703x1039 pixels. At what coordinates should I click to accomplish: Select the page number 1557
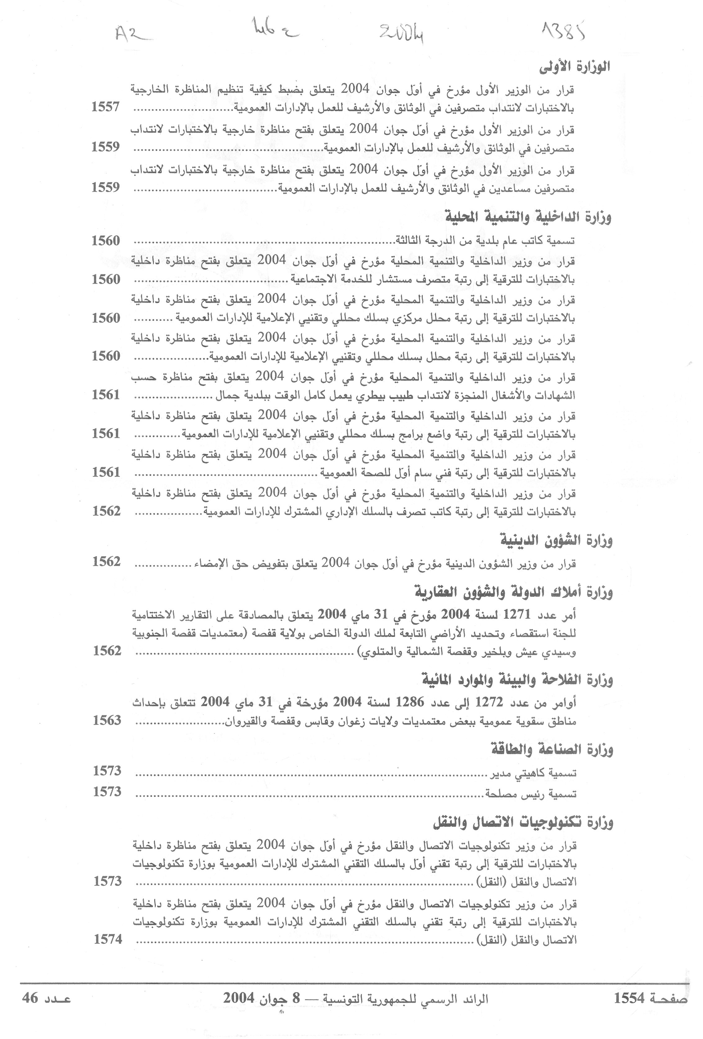[106, 107]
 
